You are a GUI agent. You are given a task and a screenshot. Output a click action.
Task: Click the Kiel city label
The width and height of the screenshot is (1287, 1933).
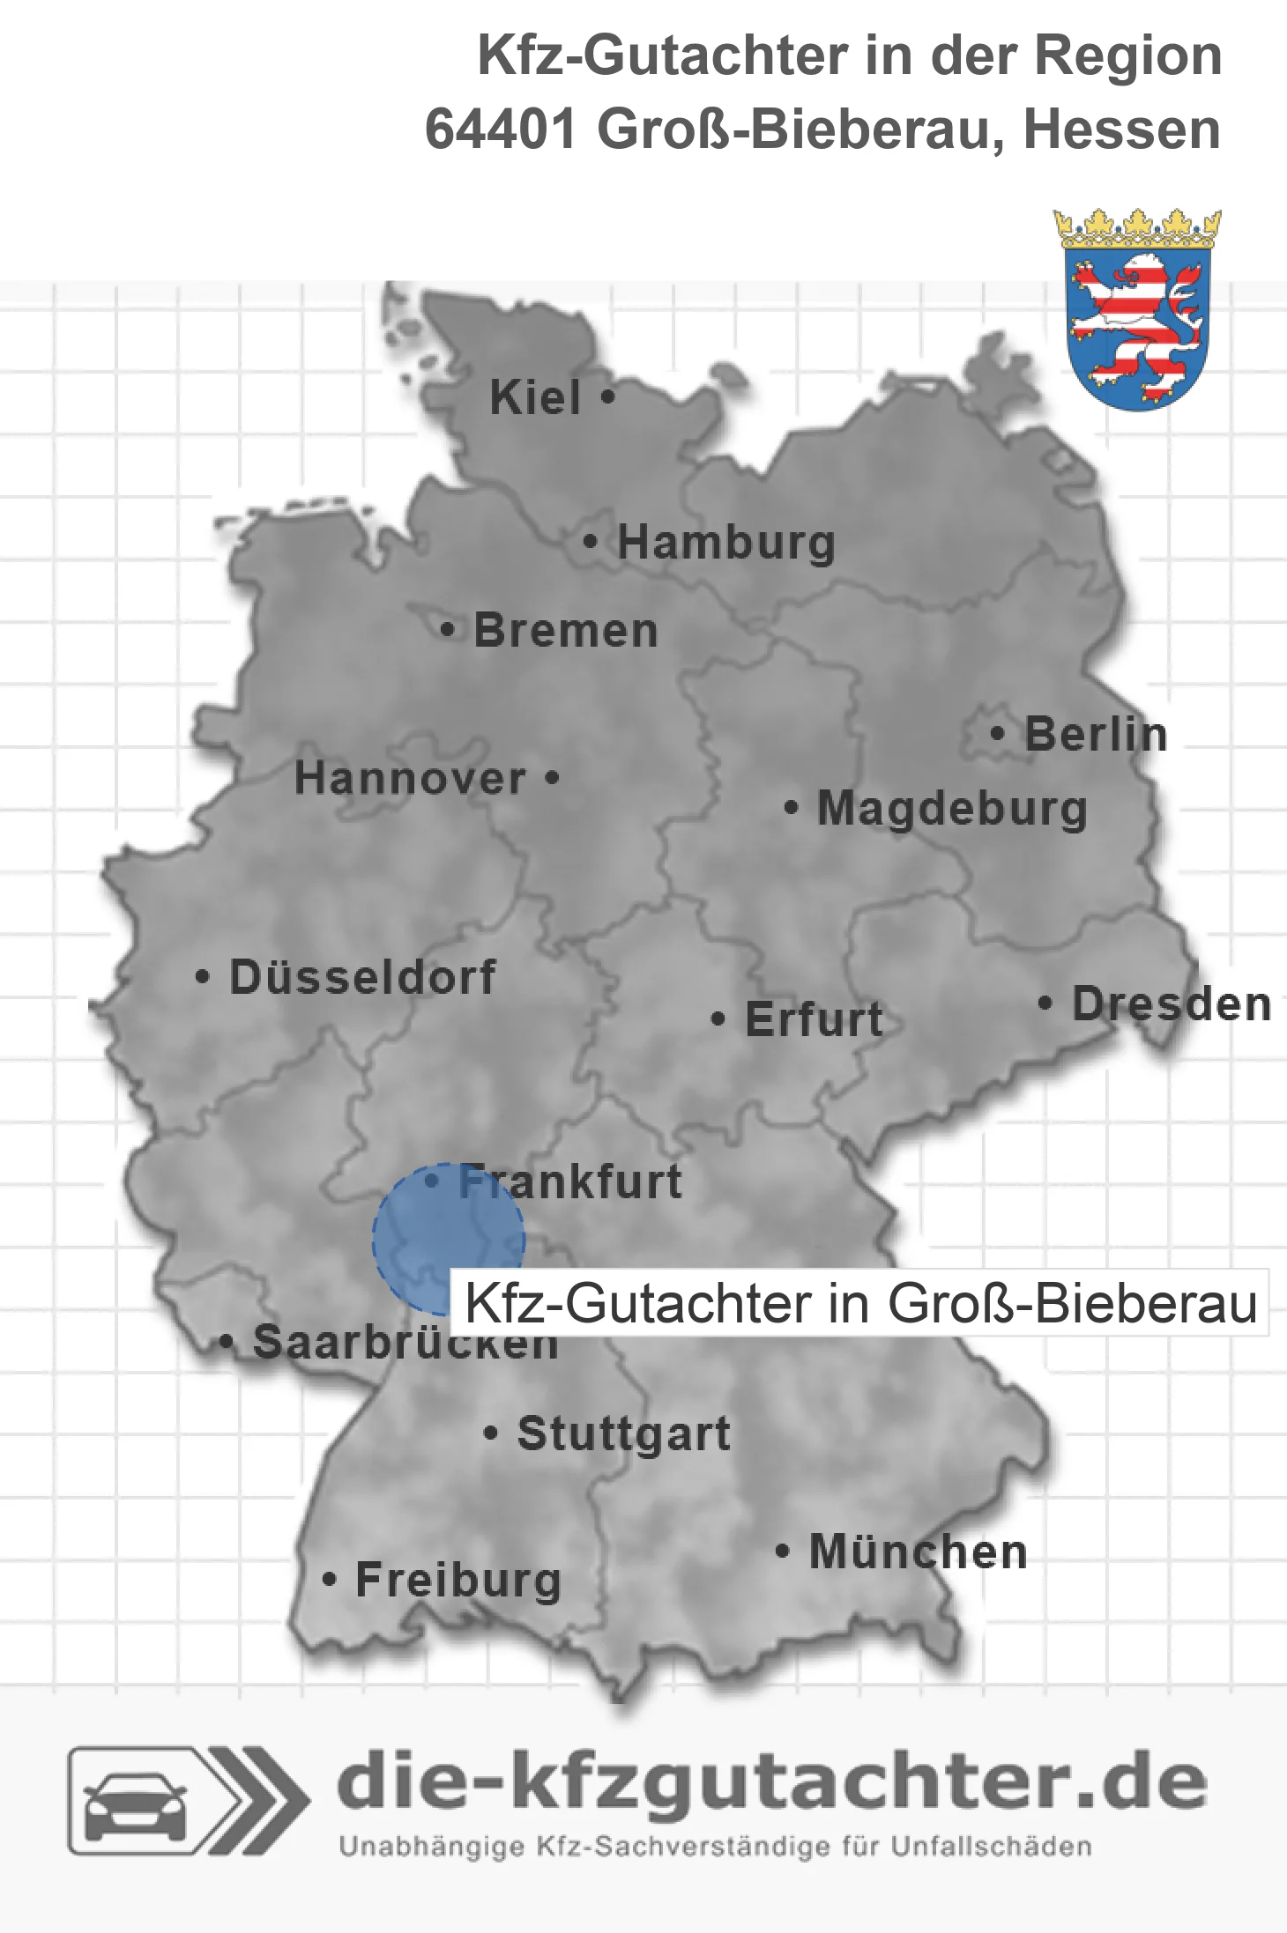[x=535, y=397]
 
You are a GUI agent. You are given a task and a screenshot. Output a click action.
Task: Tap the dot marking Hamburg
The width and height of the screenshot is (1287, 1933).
[x=591, y=542]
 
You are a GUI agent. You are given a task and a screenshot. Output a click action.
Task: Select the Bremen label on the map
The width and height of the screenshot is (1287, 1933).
[x=566, y=631]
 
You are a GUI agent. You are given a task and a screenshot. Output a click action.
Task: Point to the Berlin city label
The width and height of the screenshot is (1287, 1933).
[x=1096, y=734]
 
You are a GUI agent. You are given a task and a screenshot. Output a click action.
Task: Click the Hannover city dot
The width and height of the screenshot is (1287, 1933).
[x=553, y=778]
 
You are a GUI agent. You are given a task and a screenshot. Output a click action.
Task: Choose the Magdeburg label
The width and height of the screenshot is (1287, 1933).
[x=952, y=809]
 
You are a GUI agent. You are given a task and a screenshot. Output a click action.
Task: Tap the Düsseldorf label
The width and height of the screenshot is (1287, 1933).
[x=362, y=977]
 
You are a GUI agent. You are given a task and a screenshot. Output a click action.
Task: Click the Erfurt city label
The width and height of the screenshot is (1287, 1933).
[x=814, y=1019]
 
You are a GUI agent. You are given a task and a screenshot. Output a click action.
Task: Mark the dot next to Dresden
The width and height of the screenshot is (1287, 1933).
[x=1045, y=1003]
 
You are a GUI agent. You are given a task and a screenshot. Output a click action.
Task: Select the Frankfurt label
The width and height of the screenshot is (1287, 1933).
[x=570, y=1181]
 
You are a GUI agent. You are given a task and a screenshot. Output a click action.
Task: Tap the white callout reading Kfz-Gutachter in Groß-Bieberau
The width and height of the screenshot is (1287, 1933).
[x=859, y=1303]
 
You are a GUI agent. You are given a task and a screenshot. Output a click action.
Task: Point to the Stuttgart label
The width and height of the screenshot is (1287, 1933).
[x=623, y=1433]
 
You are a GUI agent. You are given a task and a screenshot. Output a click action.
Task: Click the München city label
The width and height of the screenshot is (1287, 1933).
[x=918, y=1552]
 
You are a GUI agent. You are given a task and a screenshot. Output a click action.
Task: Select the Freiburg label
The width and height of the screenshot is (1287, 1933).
[x=458, y=1580]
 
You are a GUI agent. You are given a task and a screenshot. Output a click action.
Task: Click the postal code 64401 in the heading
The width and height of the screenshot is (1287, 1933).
[x=500, y=130]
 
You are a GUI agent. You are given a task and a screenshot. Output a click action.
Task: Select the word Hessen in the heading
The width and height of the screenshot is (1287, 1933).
[x=1121, y=130]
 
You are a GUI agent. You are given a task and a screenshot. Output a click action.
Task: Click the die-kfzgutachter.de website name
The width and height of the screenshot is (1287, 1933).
[x=772, y=1784]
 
